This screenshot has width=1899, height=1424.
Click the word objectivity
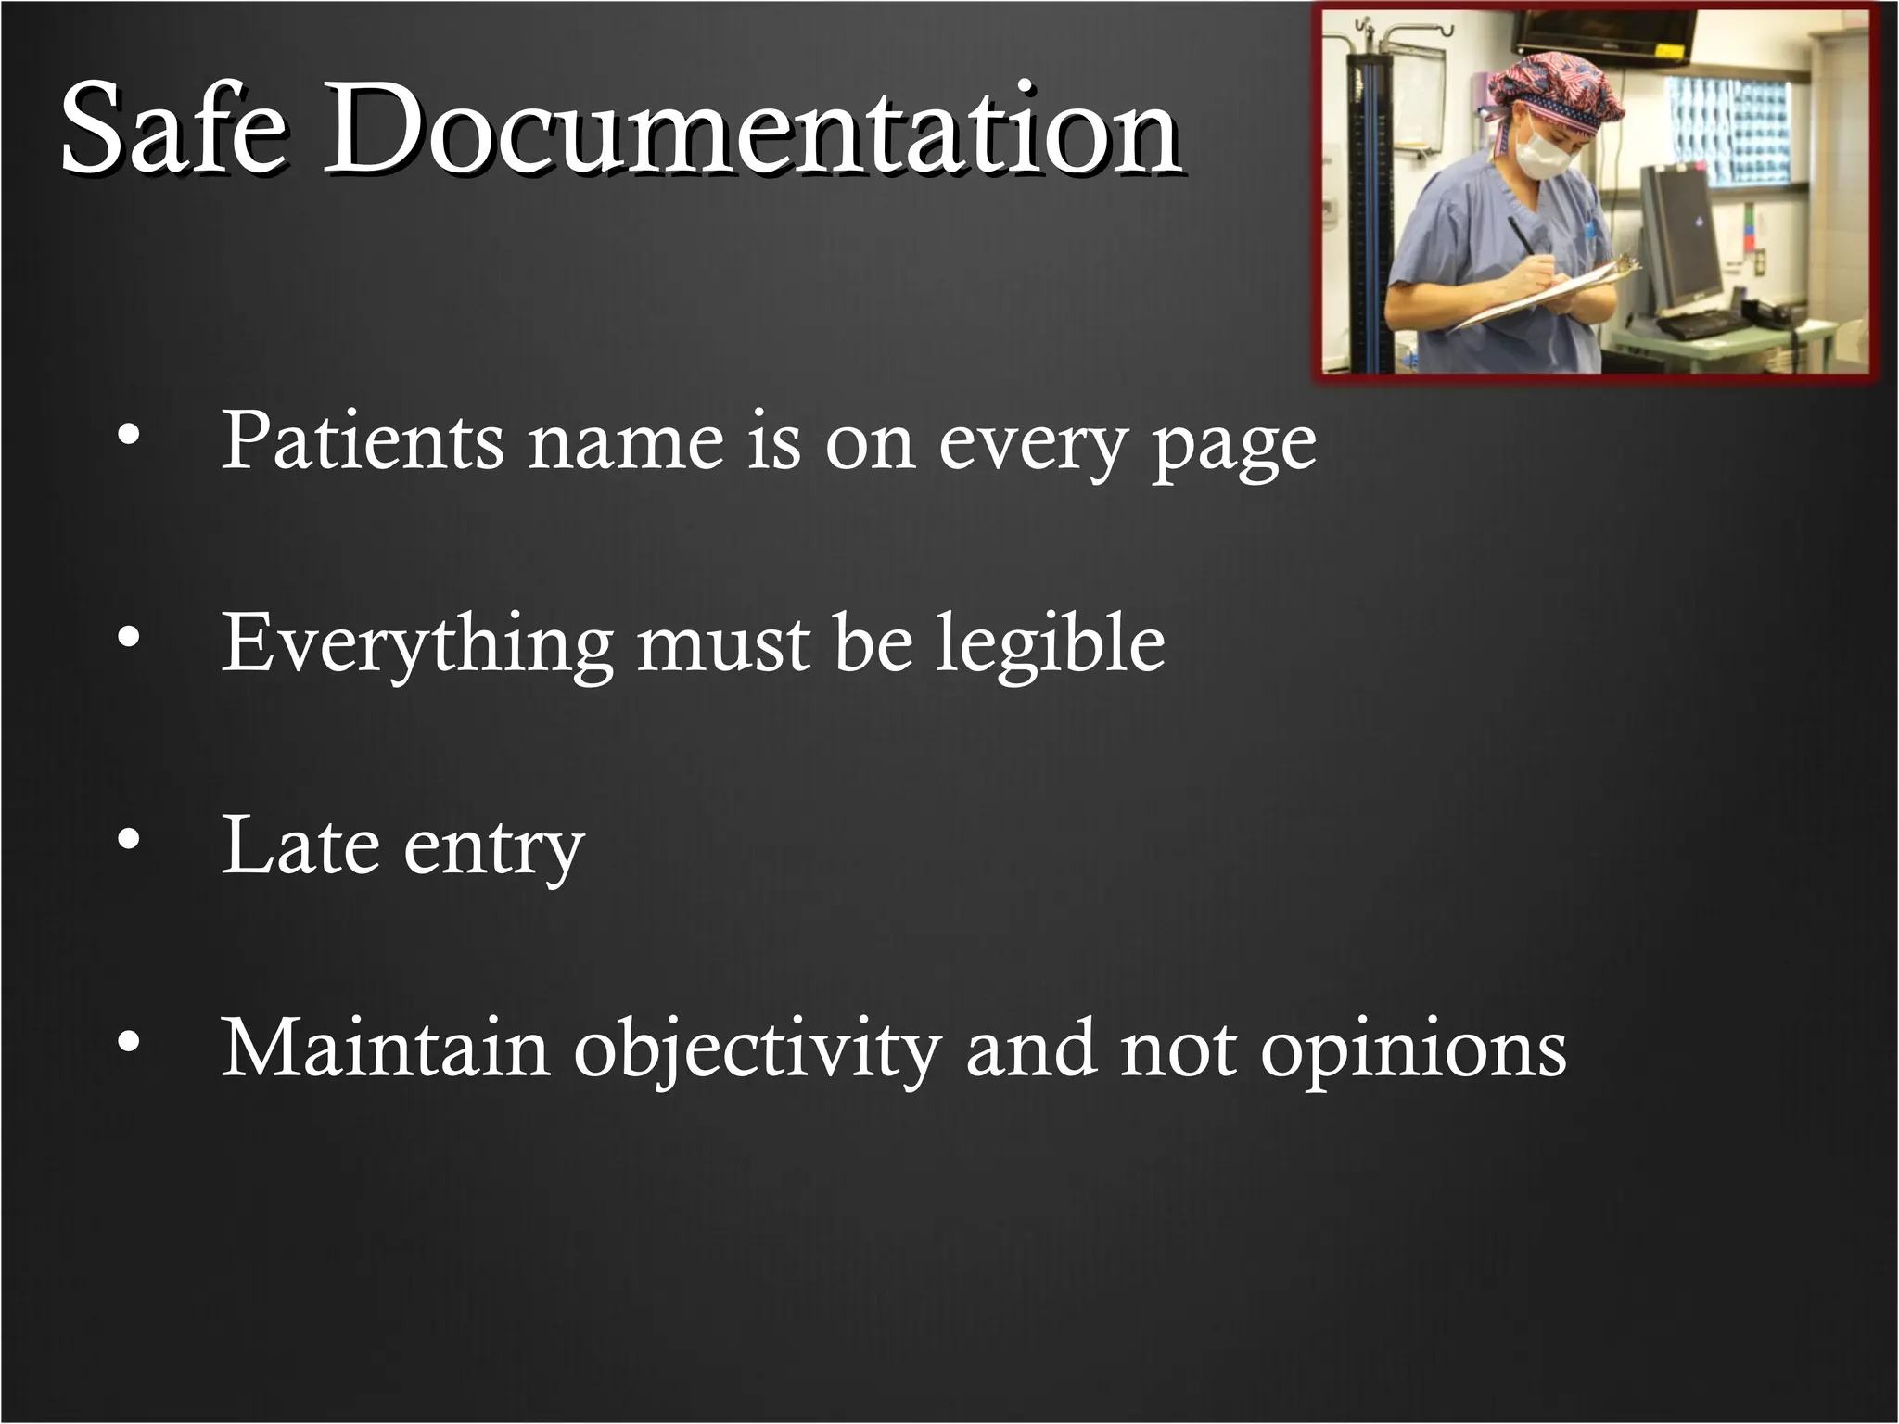(x=757, y=1052)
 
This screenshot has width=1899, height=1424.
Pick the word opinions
(x=1413, y=1052)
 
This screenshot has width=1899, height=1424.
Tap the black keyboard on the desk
(x=1706, y=325)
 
